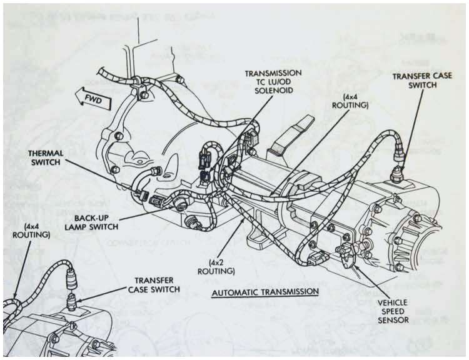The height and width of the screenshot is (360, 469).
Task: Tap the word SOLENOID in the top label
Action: [273, 91]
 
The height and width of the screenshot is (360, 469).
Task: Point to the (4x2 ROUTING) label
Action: [216, 267]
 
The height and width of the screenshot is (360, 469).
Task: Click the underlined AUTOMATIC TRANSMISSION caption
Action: [265, 292]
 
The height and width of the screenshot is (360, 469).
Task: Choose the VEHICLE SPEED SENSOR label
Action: [393, 309]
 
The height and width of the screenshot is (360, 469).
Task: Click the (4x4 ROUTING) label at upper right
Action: [355, 101]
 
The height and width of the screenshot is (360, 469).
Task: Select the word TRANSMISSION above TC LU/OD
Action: [273, 73]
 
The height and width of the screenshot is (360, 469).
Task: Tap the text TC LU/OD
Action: [273, 82]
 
